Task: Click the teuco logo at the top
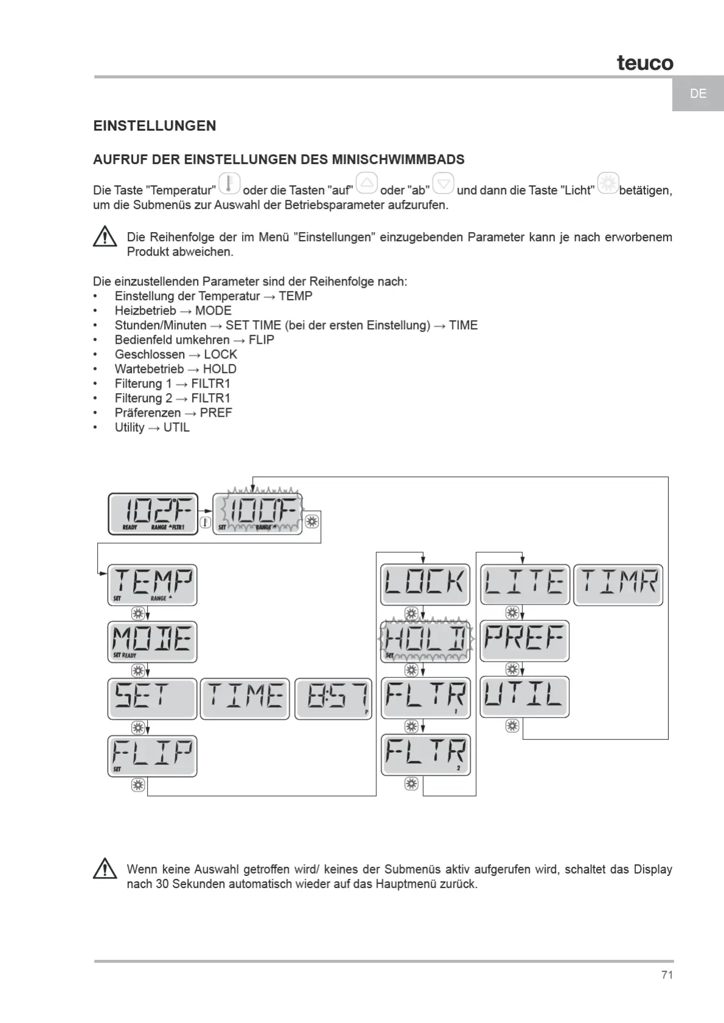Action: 645,63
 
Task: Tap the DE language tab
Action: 698,94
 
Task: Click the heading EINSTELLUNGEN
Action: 154,126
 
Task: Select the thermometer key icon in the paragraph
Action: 229,183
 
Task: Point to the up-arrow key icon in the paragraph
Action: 367,183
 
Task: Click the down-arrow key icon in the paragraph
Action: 443,183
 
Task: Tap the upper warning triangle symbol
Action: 105,236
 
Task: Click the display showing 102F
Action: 153,514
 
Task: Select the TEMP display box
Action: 153,584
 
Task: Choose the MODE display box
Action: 153,642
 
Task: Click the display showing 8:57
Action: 333,699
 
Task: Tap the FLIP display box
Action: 153,756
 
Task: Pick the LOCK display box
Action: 426,584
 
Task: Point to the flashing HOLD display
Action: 426,641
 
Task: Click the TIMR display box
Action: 618,584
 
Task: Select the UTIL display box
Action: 525,697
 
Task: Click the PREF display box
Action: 525,641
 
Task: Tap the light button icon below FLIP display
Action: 138,785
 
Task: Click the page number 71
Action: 667,975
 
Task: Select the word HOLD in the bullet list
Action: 219,369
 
